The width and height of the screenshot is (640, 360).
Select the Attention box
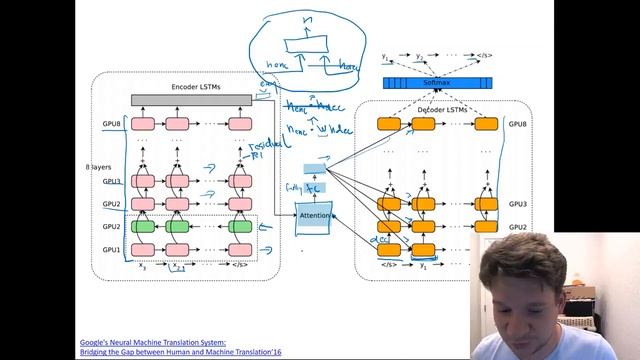click(313, 215)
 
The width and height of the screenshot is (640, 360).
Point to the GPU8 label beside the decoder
click(516, 124)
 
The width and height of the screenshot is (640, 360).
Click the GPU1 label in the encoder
click(110, 249)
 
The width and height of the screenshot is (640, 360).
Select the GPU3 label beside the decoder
click(516, 204)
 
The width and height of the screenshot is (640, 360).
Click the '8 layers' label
click(97, 167)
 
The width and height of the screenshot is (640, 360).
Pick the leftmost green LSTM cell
click(144, 227)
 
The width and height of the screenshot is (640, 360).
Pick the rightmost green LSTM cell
click(239, 227)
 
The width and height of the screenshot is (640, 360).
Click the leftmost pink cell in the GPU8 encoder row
click(144, 125)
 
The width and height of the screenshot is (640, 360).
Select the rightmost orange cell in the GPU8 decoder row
click(486, 125)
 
